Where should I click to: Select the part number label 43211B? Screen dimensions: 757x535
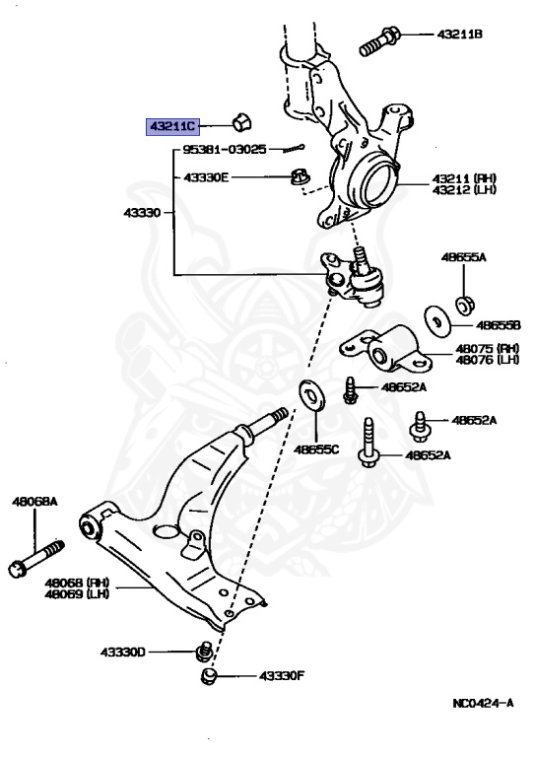[x=459, y=34]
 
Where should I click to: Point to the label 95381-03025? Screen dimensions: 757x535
[x=224, y=150]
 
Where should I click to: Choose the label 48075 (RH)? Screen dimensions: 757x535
[x=487, y=348]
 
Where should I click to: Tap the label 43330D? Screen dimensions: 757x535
[x=121, y=653]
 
